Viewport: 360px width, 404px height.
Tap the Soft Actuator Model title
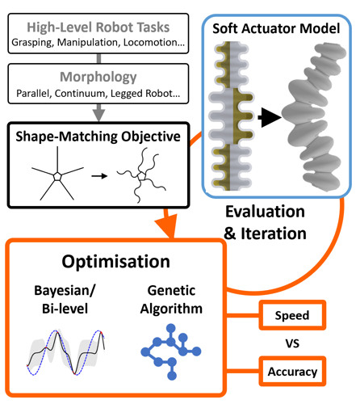[x=277, y=26]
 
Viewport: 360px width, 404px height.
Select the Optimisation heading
[x=119, y=262]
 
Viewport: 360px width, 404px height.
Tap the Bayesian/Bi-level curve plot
[x=65, y=347]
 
